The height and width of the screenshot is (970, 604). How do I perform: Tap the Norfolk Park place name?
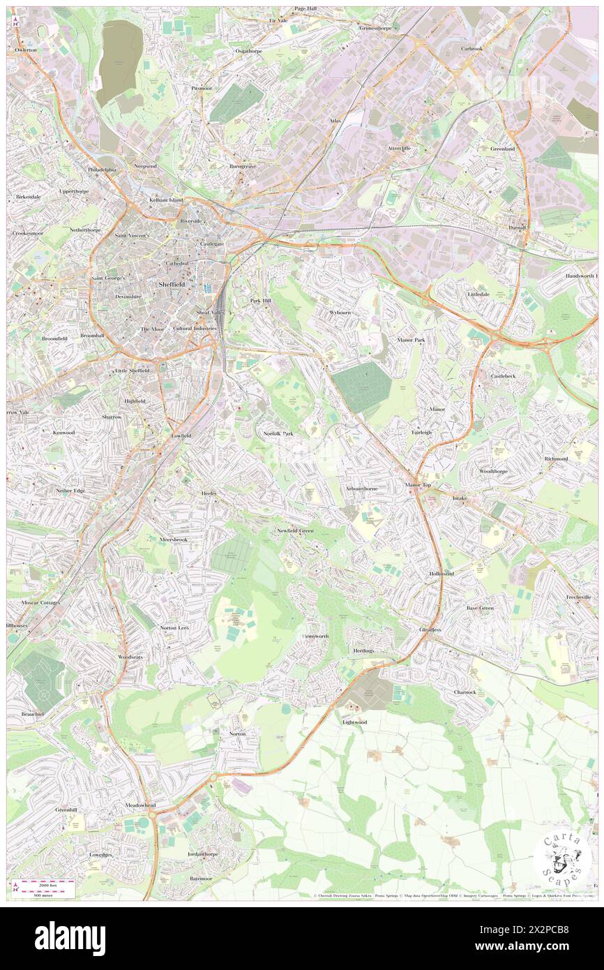point(278,433)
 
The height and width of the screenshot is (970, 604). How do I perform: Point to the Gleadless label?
point(430,629)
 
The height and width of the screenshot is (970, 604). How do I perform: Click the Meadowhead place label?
point(141,805)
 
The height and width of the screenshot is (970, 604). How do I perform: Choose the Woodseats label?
point(130,657)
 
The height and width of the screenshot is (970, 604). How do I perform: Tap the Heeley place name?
point(209,493)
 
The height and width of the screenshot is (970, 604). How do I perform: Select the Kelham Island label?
point(166,200)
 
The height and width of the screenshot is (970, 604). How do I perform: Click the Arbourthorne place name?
point(362,488)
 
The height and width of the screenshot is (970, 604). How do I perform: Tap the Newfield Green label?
point(295,530)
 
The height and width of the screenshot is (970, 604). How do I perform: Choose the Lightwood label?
point(354,722)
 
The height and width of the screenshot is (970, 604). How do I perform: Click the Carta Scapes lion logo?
point(564,859)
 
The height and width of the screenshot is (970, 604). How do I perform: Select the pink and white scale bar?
point(45,886)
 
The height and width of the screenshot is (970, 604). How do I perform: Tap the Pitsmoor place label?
point(202,89)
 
